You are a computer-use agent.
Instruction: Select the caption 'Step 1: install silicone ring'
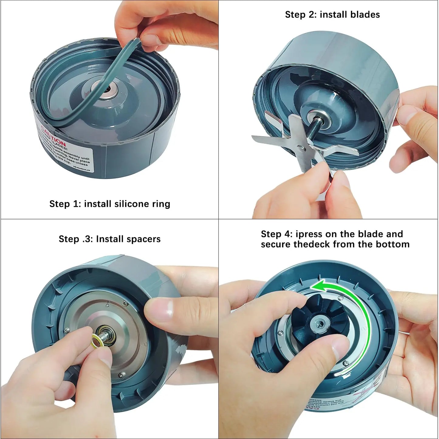coord(110,204)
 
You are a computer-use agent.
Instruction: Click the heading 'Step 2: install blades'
coord(332,15)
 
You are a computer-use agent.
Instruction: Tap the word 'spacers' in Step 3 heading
coord(144,239)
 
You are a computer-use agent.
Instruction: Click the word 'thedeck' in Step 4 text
coord(312,244)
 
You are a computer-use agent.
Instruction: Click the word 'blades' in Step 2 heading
coord(365,15)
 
